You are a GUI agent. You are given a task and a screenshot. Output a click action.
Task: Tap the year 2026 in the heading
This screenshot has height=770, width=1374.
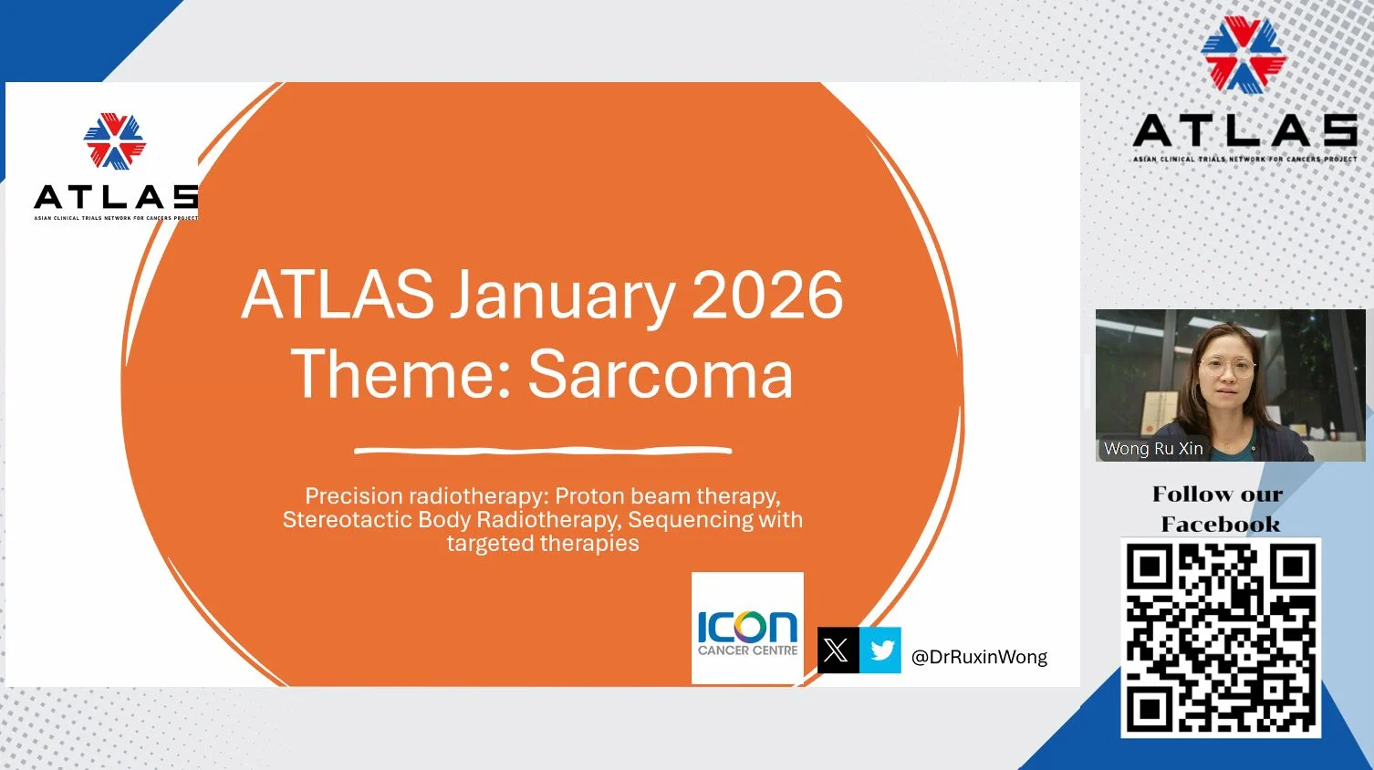point(767,296)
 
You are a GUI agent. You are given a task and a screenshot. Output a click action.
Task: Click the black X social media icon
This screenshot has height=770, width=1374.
point(837,650)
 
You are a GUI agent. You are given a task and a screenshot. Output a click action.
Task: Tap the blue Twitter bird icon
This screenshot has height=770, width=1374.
point(880,650)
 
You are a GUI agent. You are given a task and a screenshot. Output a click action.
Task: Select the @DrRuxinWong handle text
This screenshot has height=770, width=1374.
point(979,657)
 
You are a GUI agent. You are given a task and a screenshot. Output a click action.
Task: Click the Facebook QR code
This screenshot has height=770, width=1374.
point(1220,637)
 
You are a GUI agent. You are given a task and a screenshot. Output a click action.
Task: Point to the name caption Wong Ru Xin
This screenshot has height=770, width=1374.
point(1153,449)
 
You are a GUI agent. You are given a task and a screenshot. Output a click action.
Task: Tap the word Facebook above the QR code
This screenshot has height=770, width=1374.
point(1220,525)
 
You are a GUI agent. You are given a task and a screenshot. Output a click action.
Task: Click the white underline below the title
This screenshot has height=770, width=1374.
point(543,450)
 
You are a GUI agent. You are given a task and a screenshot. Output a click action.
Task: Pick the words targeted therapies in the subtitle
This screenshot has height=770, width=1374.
point(543,544)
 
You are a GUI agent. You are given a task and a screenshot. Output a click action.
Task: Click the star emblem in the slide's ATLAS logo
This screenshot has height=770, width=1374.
point(114,141)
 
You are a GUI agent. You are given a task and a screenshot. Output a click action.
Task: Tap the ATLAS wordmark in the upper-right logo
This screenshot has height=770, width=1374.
point(1244,131)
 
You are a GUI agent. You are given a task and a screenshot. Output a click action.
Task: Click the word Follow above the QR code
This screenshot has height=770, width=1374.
point(1187,494)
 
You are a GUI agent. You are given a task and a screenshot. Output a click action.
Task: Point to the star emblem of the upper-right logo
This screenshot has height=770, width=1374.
point(1243,54)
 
